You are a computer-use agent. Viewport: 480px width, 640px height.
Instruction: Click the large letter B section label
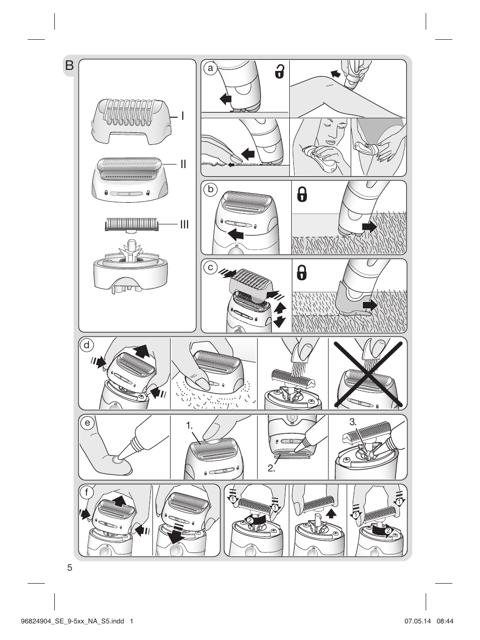69,65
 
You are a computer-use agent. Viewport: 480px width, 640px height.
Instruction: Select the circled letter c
211,267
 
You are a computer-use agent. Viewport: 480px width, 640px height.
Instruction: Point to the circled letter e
87,424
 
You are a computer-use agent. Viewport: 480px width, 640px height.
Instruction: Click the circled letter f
87,493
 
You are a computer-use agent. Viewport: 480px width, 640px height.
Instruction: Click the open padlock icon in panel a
279,72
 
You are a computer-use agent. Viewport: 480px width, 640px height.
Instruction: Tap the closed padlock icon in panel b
302,194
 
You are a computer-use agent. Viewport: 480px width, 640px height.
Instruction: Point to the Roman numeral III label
184,224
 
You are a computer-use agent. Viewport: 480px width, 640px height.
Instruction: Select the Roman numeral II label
184,164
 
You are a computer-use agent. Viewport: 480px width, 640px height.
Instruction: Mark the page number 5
69,568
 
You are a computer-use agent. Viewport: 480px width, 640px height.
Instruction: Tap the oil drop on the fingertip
118,459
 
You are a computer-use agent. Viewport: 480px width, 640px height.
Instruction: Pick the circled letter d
87,346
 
